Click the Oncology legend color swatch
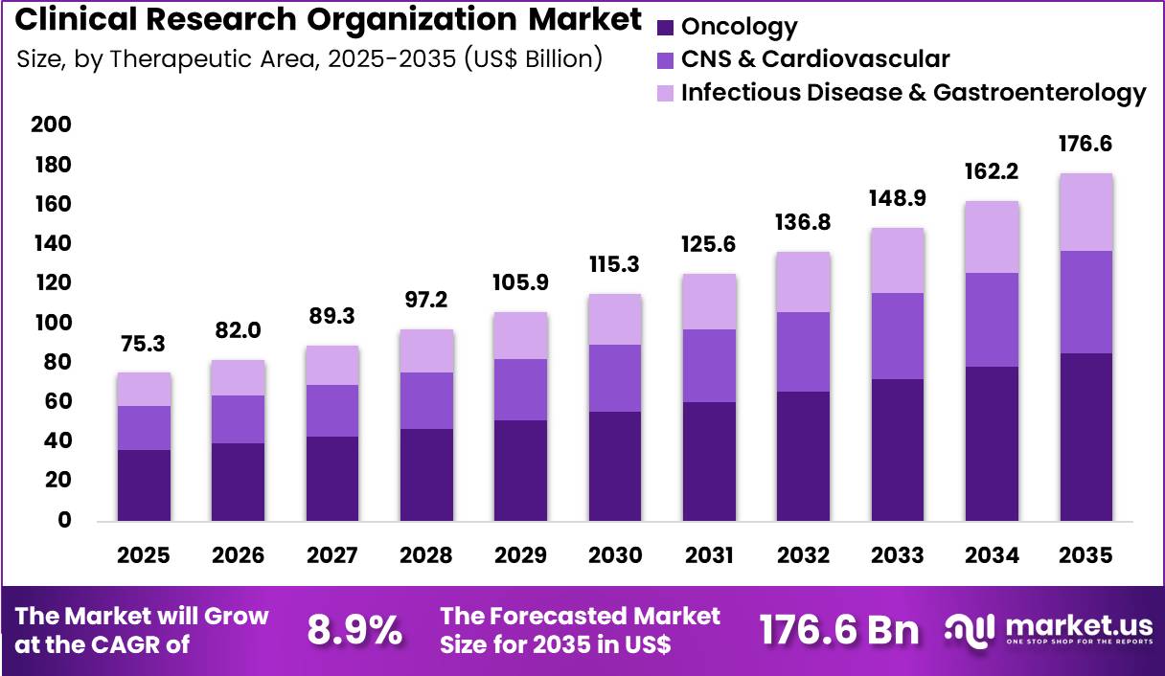(667, 28)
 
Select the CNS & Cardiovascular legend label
(815, 59)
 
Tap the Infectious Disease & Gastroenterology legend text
(913, 93)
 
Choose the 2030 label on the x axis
(615, 555)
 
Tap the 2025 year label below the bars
(143, 555)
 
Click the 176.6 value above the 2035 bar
(1085, 145)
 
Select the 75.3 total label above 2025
(143, 344)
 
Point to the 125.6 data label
(710, 245)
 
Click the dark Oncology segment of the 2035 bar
(1085, 437)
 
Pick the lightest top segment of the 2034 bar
(992, 237)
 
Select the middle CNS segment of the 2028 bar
(426, 400)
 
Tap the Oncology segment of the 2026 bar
(238, 482)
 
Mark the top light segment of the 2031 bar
(710, 302)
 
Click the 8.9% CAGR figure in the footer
(354, 631)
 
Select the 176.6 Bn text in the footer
(839, 631)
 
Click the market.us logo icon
(971, 629)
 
